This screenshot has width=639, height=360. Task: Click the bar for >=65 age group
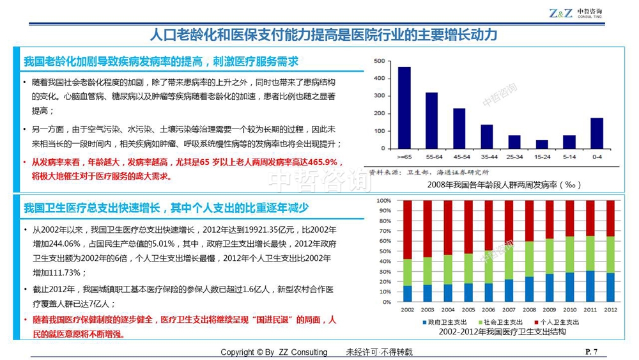click(x=404, y=107)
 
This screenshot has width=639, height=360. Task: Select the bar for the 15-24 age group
click(x=542, y=144)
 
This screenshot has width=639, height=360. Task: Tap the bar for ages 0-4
click(x=597, y=133)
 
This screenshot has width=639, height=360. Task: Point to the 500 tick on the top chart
click(x=379, y=61)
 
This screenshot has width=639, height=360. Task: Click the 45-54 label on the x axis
click(x=459, y=155)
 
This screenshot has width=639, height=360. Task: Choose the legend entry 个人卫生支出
click(x=556, y=322)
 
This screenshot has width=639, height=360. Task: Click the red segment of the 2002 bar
click(x=407, y=230)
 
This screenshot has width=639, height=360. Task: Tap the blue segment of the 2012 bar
click(x=610, y=287)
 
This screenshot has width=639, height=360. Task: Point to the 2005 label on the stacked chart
click(x=468, y=310)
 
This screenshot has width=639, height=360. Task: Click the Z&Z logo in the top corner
click(x=560, y=13)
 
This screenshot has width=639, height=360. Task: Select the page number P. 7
click(x=591, y=352)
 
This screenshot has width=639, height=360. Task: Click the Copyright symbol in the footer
click(x=259, y=352)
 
